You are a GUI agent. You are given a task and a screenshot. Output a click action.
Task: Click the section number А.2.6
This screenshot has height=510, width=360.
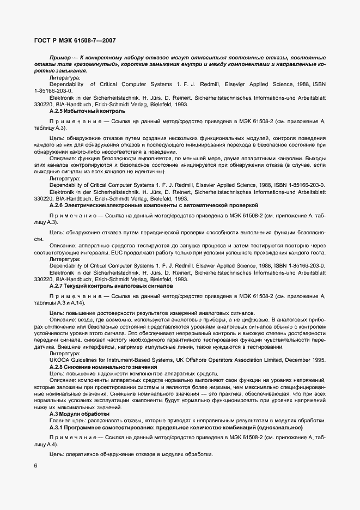[57, 205]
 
